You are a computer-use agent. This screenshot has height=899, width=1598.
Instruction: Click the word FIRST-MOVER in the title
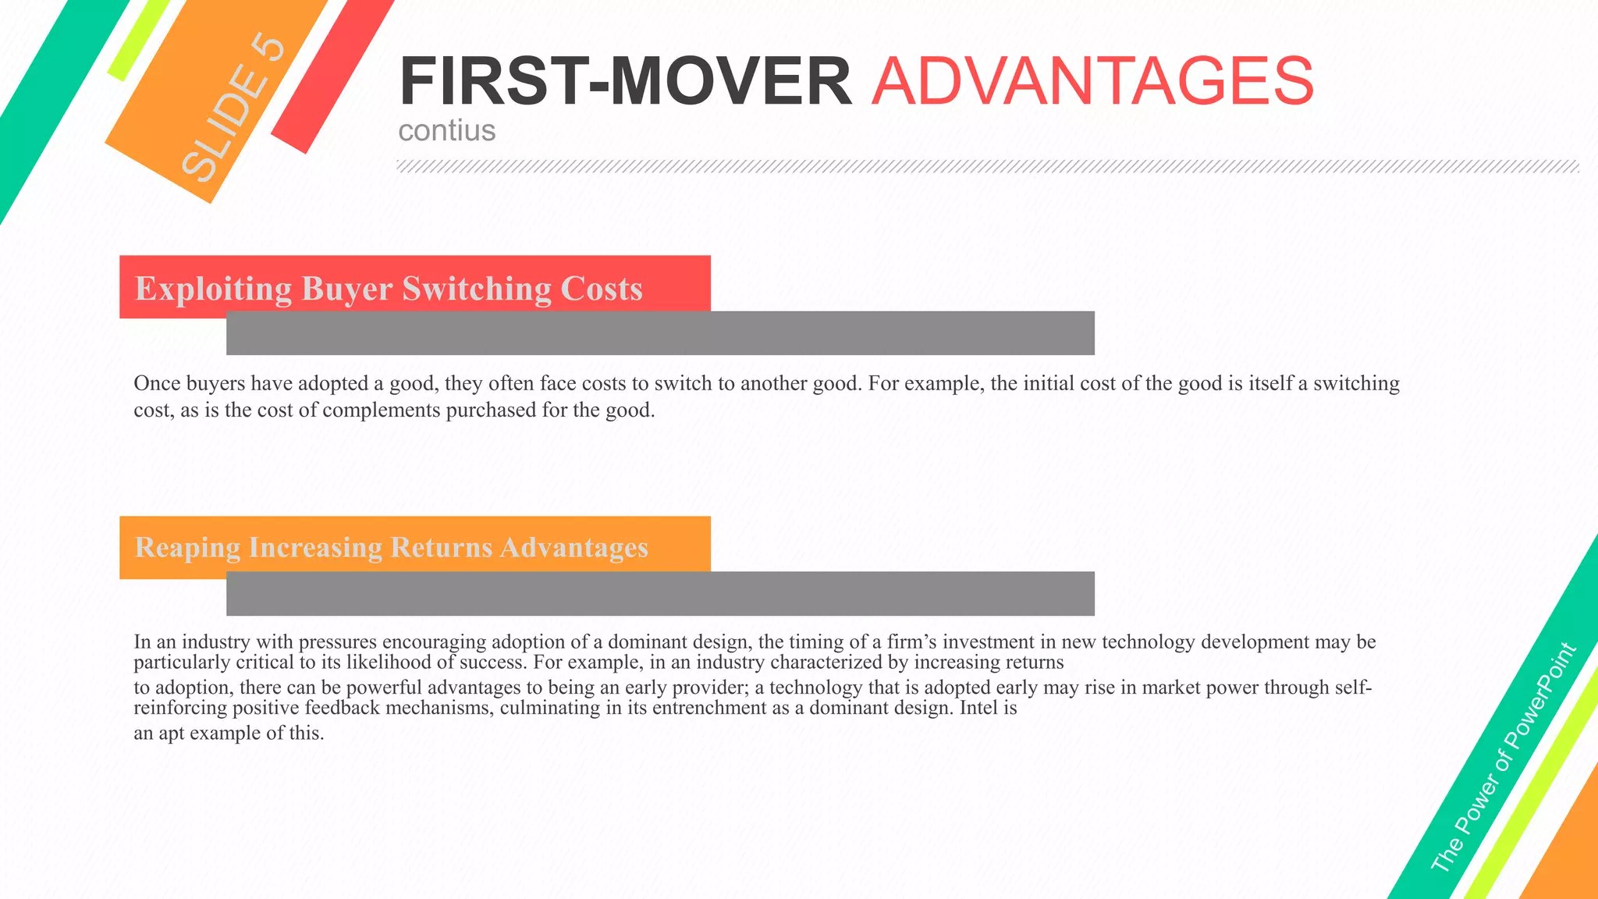coord(626,81)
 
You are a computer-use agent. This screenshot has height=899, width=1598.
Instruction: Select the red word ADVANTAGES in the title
coord(1092,81)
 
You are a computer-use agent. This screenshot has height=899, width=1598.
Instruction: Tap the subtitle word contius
coord(447,130)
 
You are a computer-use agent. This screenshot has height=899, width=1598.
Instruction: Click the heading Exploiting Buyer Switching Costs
coord(389,288)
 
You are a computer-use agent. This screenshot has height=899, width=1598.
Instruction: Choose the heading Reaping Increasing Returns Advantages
coord(392,548)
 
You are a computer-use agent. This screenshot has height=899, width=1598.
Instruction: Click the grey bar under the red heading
coord(660,333)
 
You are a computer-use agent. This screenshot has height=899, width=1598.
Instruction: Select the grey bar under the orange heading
coord(660,594)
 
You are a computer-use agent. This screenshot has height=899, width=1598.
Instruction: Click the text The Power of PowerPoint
coord(1504,756)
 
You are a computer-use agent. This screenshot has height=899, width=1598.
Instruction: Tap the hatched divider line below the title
coord(988,166)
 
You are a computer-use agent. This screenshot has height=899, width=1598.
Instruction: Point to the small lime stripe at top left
coord(139,39)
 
